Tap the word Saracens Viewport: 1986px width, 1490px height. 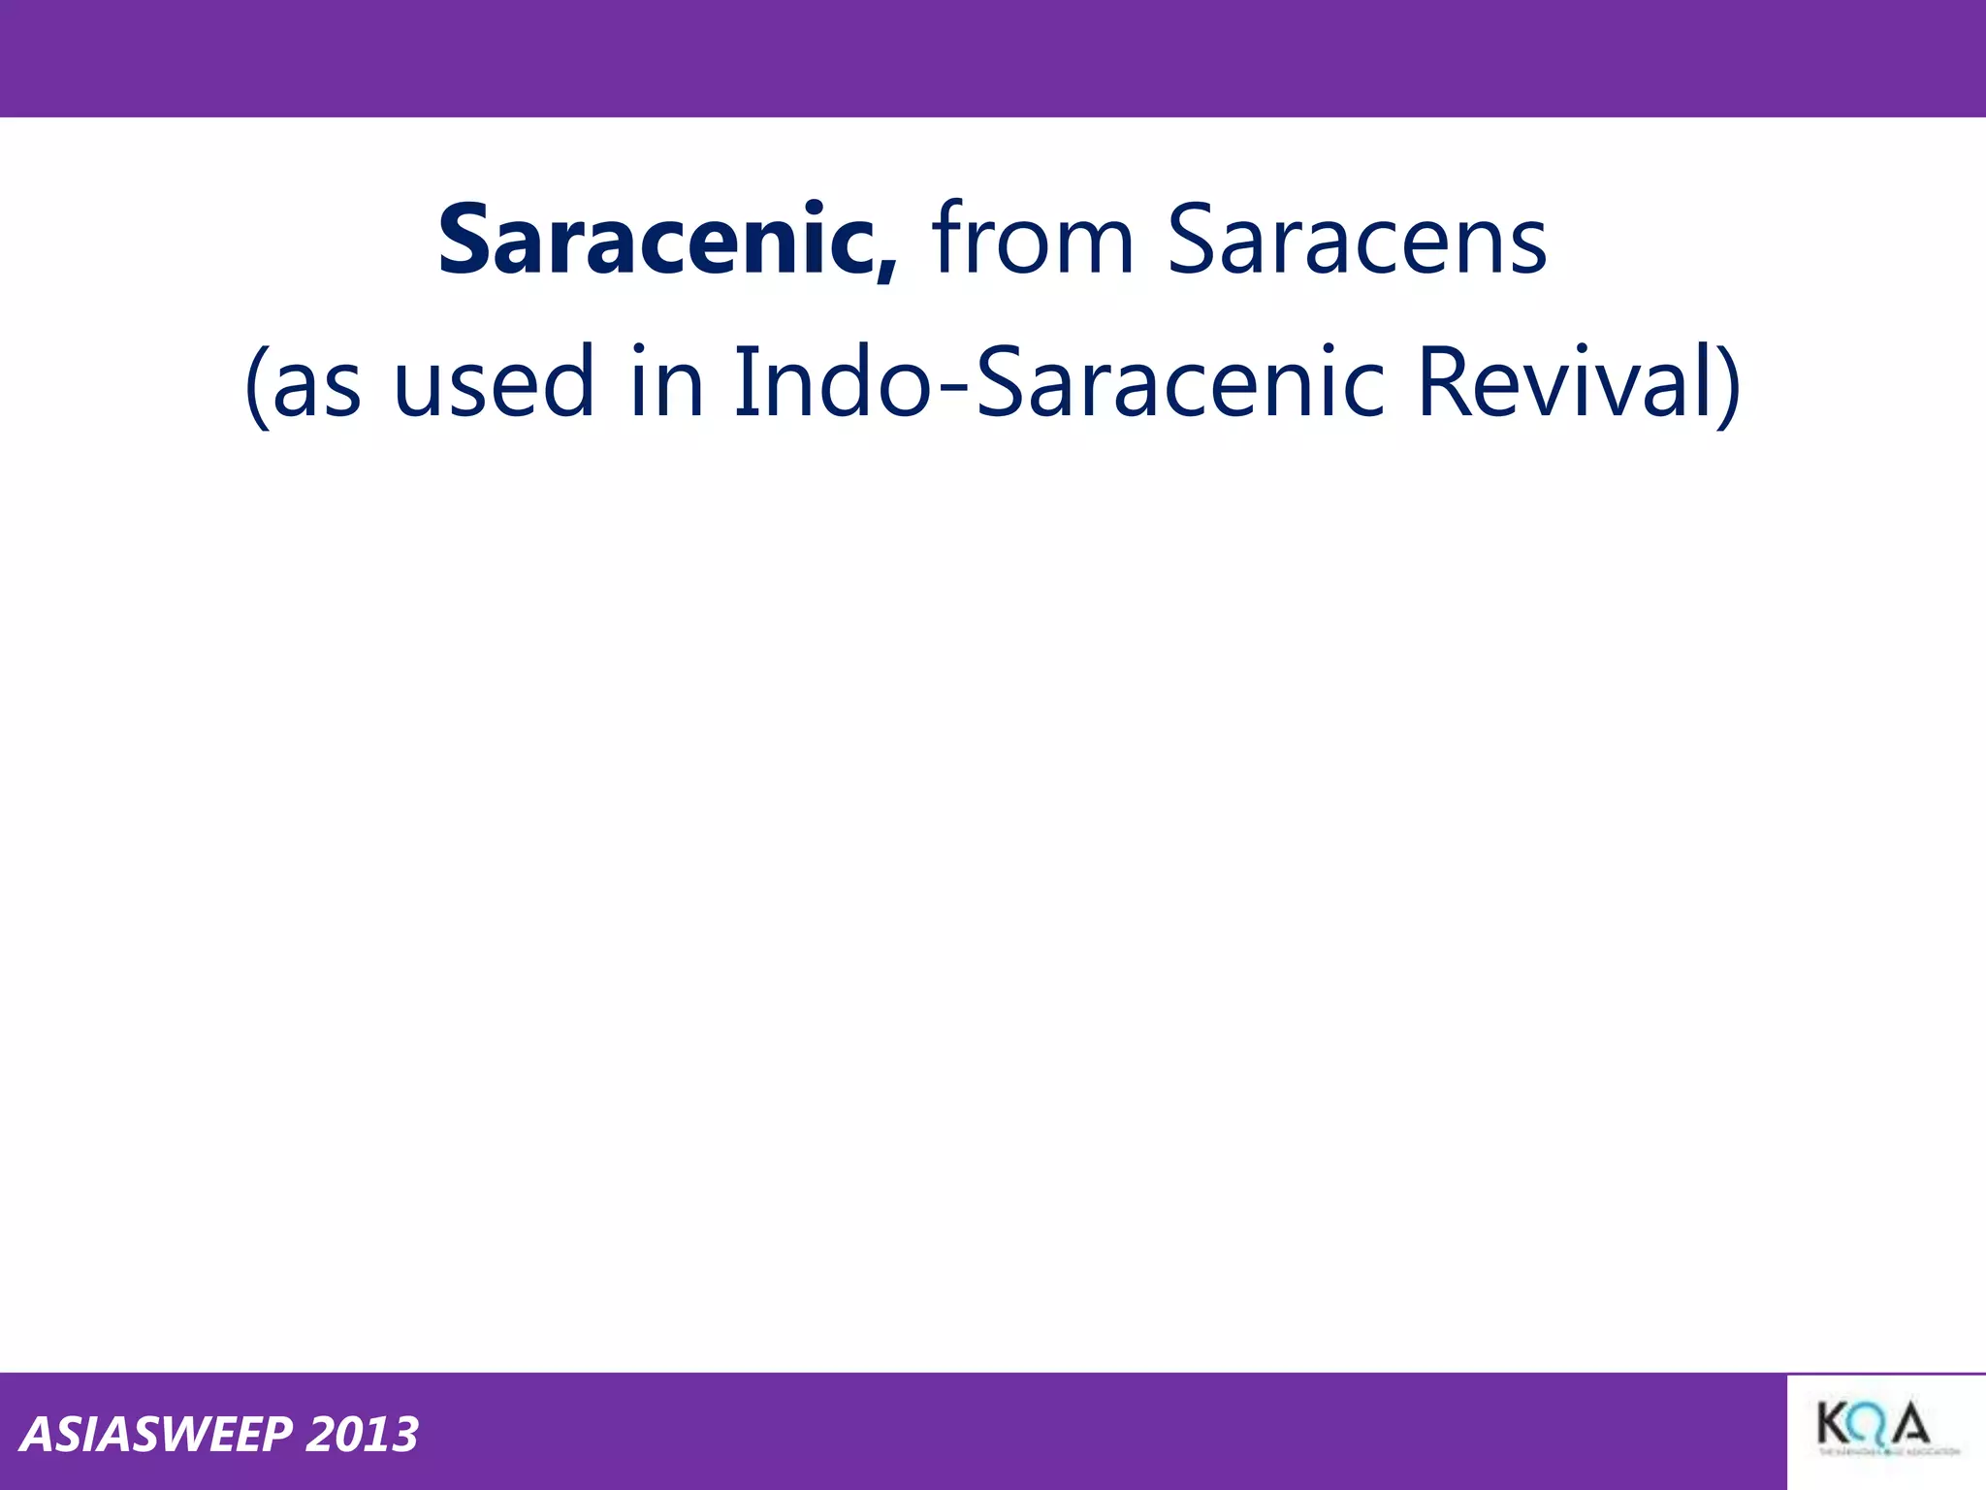(1357, 240)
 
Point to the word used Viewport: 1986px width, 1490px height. (494, 383)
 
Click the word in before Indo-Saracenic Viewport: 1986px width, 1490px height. (666, 383)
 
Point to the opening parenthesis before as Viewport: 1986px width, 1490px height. (256, 386)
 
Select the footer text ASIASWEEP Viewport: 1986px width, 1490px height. (155, 1435)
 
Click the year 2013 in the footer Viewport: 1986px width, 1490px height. (362, 1435)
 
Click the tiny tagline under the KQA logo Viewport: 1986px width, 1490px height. (1888, 1452)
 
